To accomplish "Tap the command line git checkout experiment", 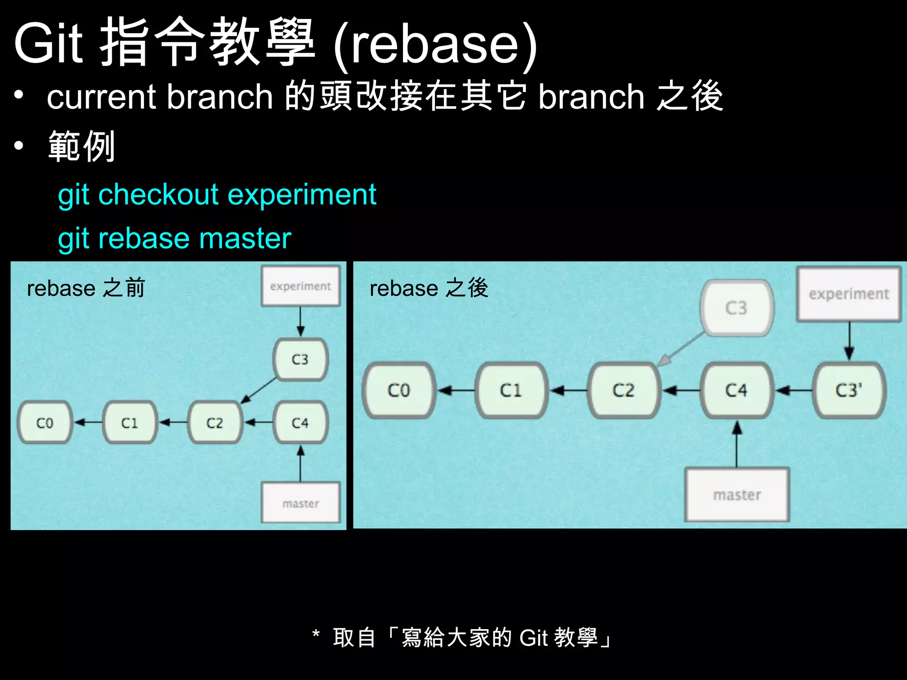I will point(217,195).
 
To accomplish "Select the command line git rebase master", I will point(174,239).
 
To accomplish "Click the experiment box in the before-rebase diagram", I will point(301,286).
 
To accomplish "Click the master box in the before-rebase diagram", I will point(301,503).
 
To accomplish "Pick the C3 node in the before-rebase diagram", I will point(300,359).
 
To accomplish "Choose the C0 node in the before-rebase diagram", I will point(44,423).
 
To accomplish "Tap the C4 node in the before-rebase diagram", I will point(300,423).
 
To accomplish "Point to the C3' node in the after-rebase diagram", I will point(849,390).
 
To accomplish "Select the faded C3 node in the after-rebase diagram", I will point(736,308).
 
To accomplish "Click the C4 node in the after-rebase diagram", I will point(736,390).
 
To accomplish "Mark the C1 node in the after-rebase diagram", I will point(511,390).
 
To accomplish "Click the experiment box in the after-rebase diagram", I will point(849,294).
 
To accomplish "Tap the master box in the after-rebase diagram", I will point(737,495).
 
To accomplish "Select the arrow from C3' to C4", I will point(794,390).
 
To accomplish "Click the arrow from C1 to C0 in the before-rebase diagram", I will point(87,423).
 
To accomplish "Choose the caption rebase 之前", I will point(86,289).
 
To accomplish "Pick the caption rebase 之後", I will point(429,289).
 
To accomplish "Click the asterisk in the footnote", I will point(316,633).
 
